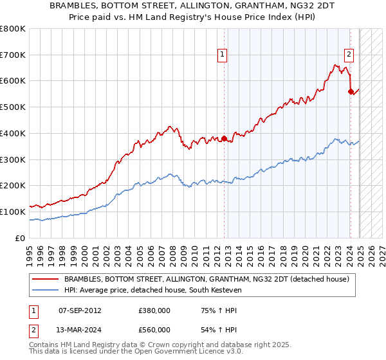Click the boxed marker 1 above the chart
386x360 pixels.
pyautogui.click(x=222, y=55)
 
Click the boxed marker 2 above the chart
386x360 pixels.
pyautogui.click(x=348, y=55)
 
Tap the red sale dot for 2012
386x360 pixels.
pyautogui.click(x=224, y=138)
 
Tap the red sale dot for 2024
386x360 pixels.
pyautogui.click(x=351, y=91)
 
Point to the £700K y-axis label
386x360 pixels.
pyautogui.click(x=13, y=55)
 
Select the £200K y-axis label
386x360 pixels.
pyautogui.click(x=13, y=185)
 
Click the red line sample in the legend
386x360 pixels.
pyautogui.click(x=45, y=279)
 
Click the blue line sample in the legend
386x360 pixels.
pyautogui.click(x=45, y=290)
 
